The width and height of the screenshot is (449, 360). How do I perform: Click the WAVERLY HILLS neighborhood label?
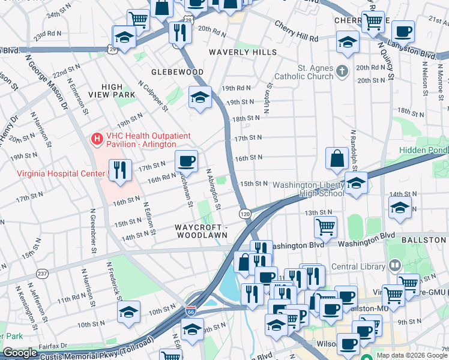pos(243,52)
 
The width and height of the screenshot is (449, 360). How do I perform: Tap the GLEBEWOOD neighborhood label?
pos(178,72)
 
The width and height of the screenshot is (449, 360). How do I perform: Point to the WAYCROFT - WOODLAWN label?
pos(201,232)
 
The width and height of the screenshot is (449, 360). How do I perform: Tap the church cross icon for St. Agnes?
pos(342,71)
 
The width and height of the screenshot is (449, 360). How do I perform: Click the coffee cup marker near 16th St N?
pos(186,161)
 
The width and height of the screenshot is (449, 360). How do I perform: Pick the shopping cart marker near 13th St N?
pos(325,227)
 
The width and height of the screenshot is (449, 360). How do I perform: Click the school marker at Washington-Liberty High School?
pos(357,184)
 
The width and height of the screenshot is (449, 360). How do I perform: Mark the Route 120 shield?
pos(244,214)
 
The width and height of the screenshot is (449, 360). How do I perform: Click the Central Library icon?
pos(395,265)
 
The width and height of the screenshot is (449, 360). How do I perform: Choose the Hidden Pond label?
pos(426,149)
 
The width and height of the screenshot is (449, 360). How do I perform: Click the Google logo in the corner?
pos(20,353)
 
